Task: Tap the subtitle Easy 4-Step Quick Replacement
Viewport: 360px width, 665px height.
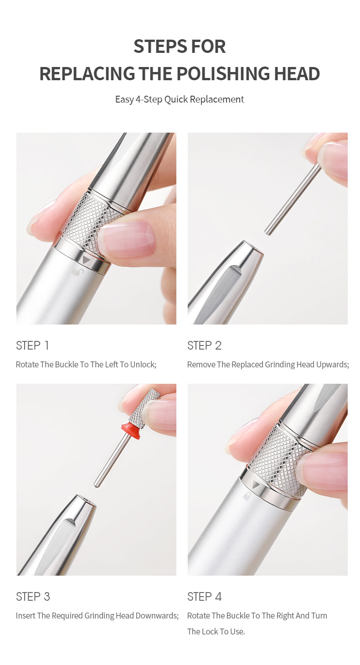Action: (x=180, y=99)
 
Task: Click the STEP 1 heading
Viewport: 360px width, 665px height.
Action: (x=32, y=345)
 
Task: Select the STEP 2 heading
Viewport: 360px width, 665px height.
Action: (x=204, y=345)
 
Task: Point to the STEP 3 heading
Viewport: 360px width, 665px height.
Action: (x=33, y=597)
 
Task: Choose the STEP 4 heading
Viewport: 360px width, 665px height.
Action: (x=205, y=597)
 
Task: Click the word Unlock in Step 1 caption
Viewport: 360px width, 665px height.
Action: (x=142, y=365)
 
